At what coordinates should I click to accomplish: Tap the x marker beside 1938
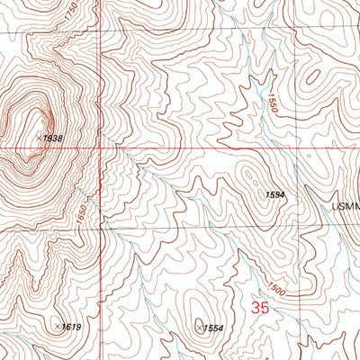coord(40,137)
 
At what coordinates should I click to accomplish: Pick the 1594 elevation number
coord(276,194)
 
